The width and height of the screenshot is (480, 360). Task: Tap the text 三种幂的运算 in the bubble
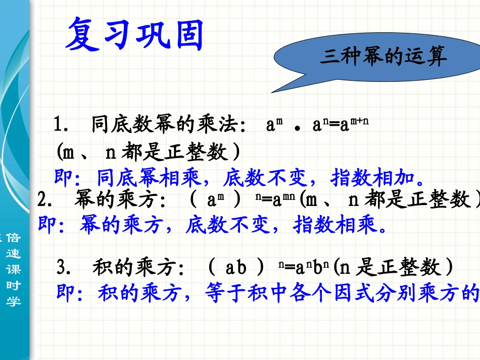[383, 57]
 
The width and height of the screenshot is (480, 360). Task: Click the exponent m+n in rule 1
[355, 122]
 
